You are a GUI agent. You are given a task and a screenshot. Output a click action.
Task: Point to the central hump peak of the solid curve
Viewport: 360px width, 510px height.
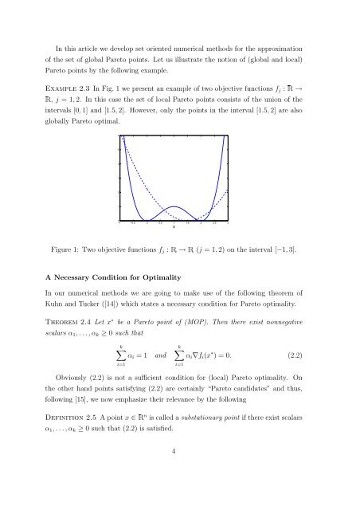coord(174,206)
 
